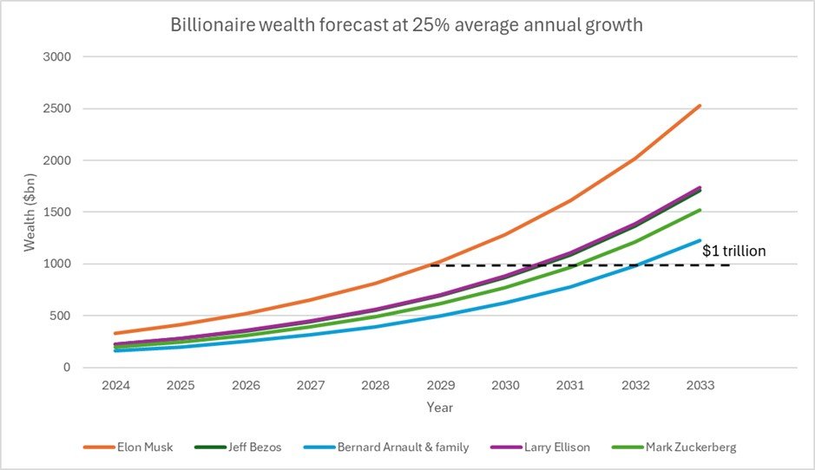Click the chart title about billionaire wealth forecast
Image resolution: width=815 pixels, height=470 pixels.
tap(406, 24)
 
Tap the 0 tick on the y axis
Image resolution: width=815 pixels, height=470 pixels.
tap(67, 368)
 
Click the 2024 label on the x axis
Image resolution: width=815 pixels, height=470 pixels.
tap(115, 385)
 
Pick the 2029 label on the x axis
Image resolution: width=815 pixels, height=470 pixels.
tap(441, 385)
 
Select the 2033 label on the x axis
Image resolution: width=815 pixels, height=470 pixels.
tap(700, 385)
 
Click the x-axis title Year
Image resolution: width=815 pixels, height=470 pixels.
tap(439, 407)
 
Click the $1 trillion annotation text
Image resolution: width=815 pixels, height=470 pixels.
tap(734, 251)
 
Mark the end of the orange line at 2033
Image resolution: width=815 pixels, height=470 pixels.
tap(700, 106)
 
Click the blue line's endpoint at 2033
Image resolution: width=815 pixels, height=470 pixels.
tap(700, 240)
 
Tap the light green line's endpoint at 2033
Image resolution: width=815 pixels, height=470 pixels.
tap(700, 210)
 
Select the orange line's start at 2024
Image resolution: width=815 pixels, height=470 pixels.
tap(115, 333)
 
